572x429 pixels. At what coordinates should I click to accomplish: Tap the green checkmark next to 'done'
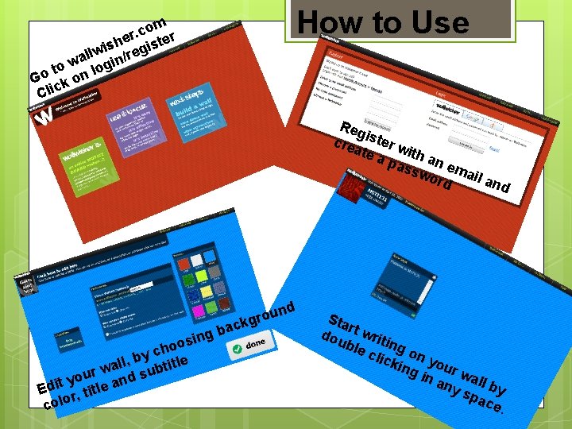click(x=235, y=348)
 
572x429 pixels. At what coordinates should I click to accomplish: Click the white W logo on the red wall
click(x=46, y=117)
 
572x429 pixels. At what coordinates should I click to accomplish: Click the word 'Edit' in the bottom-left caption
click(x=51, y=386)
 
